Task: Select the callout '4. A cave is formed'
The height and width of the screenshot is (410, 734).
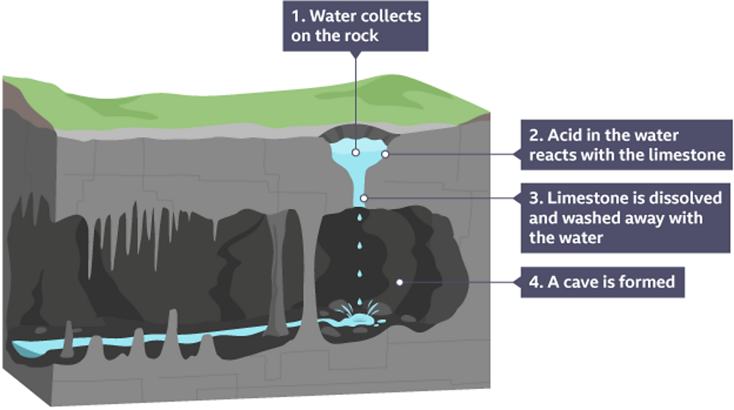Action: click(x=602, y=283)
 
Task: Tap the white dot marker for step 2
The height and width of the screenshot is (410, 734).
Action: click(x=385, y=154)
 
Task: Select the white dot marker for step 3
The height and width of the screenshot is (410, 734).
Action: click(x=363, y=199)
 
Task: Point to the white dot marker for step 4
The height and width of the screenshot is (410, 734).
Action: click(x=400, y=282)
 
